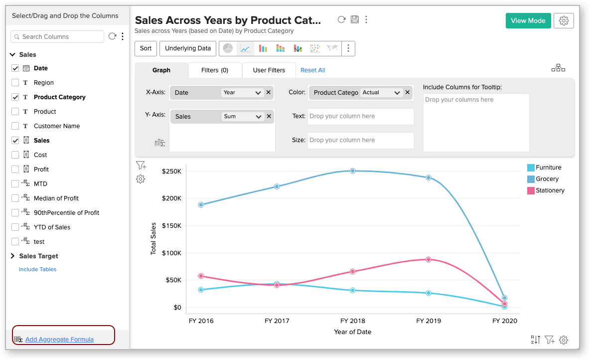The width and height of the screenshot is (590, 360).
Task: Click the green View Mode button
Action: pos(528,20)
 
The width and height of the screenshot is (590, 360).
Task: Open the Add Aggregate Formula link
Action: pos(59,340)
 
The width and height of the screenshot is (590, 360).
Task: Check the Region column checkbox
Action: pos(15,83)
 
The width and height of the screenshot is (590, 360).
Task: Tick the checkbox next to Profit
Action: pos(15,170)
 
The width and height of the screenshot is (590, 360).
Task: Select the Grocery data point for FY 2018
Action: pos(352,171)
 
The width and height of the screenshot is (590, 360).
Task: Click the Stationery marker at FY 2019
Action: pos(428,259)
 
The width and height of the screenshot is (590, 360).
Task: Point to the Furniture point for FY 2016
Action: pos(201,290)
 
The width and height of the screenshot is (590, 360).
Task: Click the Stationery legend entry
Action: pos(550,190)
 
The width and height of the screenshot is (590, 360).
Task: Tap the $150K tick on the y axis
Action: pos(171,225)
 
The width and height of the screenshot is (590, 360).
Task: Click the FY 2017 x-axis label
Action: pos(277,321)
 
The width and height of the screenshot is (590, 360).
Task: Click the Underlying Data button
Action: pos(188,48)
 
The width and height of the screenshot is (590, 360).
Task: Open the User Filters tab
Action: pos(269,70)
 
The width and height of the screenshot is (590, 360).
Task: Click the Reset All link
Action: pos(313,70)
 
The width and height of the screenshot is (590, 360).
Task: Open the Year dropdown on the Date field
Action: pos(243,92)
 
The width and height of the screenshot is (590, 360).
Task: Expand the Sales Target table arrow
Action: pos(12,256)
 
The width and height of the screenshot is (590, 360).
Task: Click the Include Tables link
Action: pos(38,269)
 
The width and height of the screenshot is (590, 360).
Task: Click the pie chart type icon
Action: pos(228,48)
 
